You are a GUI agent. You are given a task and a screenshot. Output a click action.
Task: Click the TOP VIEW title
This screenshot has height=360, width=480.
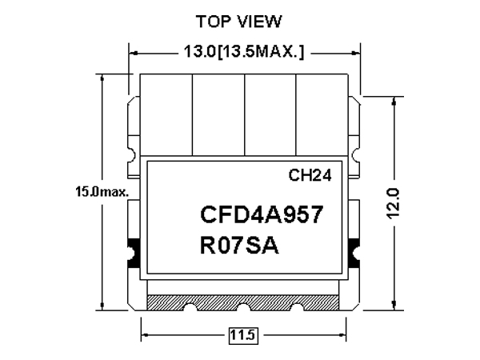[238, 22]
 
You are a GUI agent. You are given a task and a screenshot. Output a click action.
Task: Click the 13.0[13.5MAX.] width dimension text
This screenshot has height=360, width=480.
[244, 51]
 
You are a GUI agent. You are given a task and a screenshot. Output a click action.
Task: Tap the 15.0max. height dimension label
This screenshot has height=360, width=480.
[102, 192]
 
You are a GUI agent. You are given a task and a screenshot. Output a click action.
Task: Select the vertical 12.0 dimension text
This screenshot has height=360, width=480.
[393, 203]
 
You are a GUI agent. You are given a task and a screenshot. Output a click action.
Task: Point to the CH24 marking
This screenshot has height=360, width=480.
[310, 175]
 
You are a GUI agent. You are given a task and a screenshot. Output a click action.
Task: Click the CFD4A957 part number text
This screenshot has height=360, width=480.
[262, 214]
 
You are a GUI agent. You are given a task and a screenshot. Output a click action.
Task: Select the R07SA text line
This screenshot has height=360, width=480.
[239, 246]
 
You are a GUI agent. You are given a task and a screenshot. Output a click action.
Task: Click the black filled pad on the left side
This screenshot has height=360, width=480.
[134, 254]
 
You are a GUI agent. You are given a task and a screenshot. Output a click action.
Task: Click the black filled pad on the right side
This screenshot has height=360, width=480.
[354, 254]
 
